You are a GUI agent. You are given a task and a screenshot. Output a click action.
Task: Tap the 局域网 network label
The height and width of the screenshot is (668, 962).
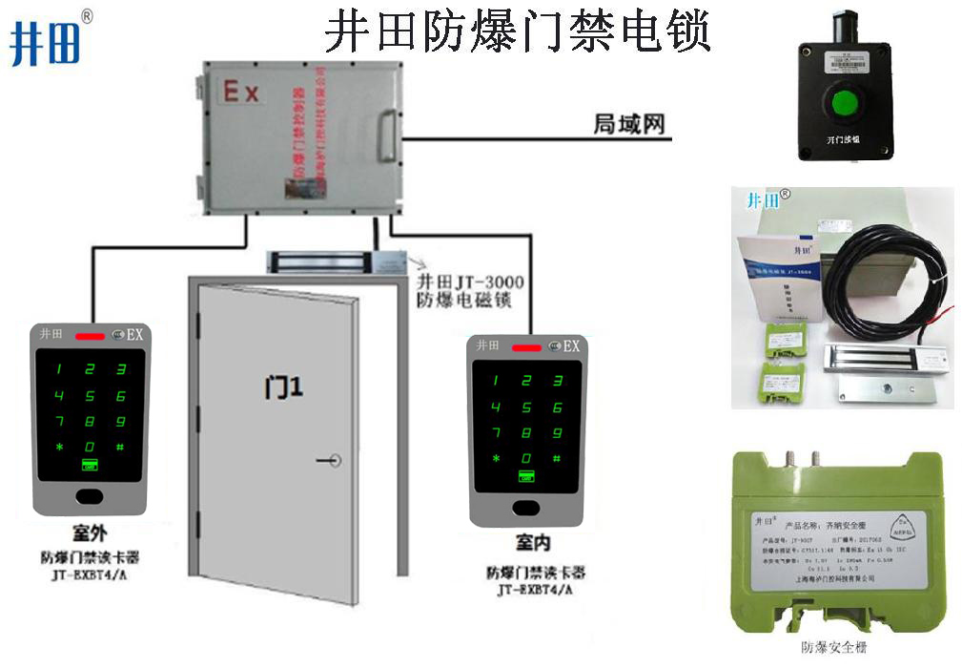(x=628, y=124)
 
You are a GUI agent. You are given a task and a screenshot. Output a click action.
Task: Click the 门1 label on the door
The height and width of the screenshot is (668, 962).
(x=282, y=387)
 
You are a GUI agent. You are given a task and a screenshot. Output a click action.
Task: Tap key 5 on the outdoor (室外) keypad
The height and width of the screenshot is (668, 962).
(x=91, y=396)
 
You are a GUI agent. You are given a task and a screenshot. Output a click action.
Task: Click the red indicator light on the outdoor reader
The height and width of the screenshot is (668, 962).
(x=91, y=336)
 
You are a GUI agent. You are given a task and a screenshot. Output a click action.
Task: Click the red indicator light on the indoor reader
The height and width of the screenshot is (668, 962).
(x=525, y=346)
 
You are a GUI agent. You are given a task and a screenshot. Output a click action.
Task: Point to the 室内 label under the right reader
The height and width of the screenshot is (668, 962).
(x=533, y=543)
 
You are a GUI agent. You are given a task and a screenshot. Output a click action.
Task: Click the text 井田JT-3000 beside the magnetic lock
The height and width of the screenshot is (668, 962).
(x=471, y=282)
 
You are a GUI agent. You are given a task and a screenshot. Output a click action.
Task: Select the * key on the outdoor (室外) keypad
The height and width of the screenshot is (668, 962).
(x=59, y=447)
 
